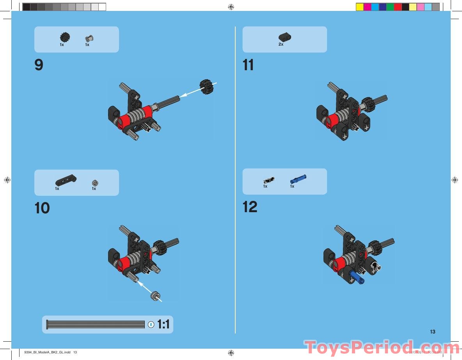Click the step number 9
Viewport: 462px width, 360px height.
(39, 65)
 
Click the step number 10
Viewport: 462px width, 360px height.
(42, 208)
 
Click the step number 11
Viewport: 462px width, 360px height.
(248, 65)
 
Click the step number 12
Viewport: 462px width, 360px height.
(250, 207)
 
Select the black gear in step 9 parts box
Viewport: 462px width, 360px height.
(64, 37)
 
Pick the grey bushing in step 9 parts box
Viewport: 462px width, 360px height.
(90, 38)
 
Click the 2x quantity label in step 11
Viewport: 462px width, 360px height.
(281, 44)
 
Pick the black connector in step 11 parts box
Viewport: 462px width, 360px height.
(285, 37)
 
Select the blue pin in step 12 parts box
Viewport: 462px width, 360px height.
(299, 179)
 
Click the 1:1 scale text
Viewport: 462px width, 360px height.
(163, 324)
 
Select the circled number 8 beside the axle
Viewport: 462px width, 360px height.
(151, 325)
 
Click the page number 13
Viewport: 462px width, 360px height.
(432, 332)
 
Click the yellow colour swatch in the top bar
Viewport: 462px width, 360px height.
(360, 7)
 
